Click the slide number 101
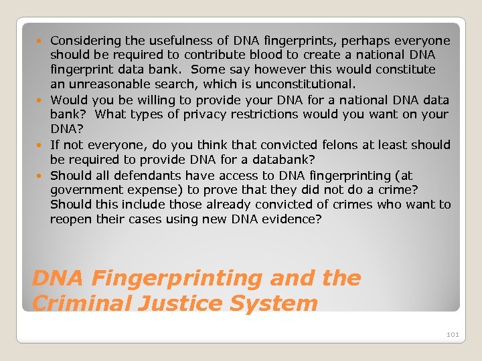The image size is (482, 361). coord(453,334)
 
